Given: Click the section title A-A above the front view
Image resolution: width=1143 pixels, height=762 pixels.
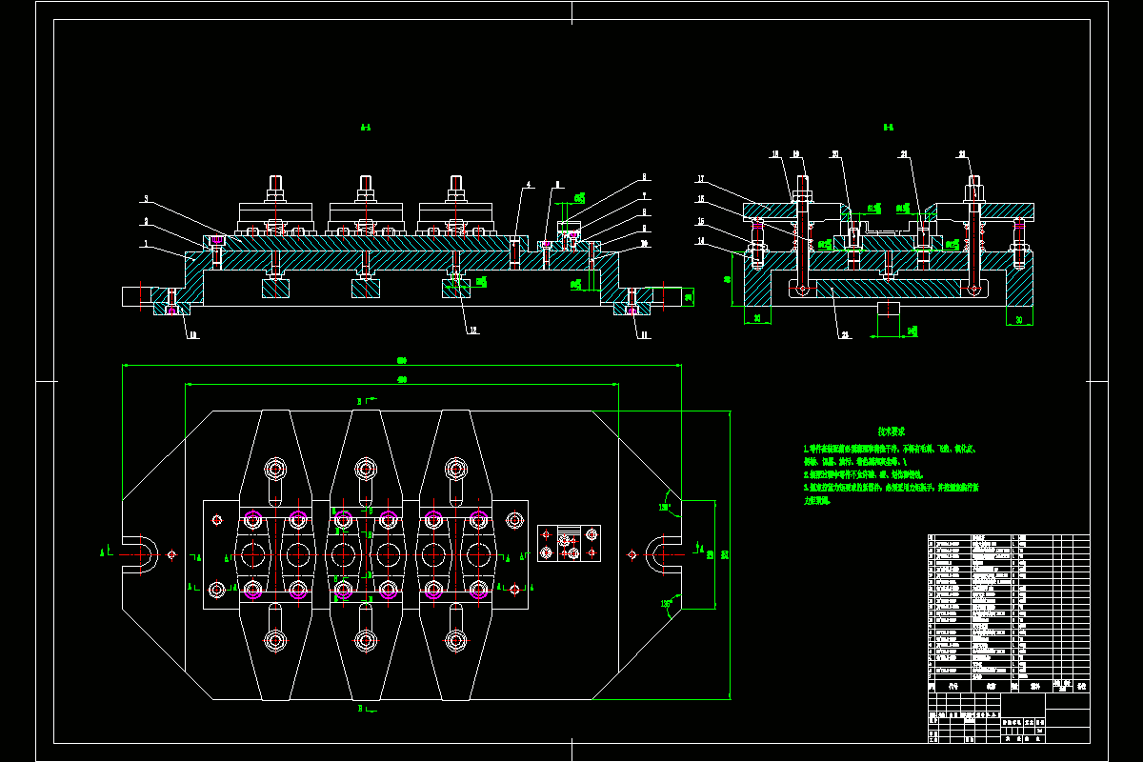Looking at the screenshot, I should click(365, 127).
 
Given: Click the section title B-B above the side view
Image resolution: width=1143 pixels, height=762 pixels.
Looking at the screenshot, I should click(888, 127).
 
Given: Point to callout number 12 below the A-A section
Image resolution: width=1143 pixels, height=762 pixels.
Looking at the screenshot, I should click(472, 331).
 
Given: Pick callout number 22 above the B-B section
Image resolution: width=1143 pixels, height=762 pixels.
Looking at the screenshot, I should click(962, 153).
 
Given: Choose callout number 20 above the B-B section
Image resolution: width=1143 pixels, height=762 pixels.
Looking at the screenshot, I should click(835, 153).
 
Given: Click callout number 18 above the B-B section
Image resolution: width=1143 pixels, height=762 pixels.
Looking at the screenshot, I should click(775, 153).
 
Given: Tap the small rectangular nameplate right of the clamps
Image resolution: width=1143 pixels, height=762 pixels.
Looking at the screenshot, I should click(569, 544).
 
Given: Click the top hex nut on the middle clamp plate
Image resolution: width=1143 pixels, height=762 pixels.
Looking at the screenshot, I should click(364, 469).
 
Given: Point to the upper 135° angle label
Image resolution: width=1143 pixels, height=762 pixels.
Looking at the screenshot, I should click(664, 507).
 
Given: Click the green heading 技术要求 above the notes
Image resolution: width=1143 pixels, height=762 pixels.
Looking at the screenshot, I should click(892, 431).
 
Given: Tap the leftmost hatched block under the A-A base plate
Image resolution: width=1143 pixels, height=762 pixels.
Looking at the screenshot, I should click(276, 289).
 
